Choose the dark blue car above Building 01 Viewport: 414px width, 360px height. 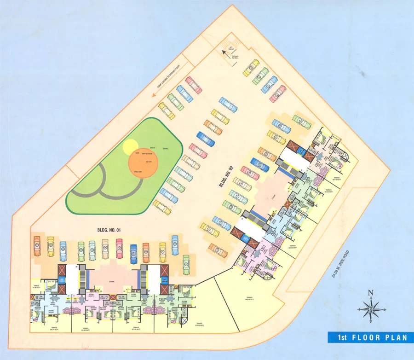[x=133, y=253]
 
